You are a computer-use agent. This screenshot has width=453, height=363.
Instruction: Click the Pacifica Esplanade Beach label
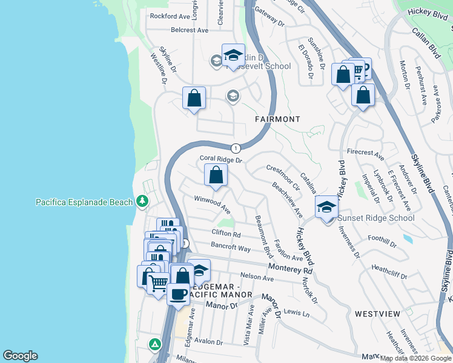tap(84, 202)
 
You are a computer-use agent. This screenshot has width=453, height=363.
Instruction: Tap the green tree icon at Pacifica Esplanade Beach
tap(142, 200)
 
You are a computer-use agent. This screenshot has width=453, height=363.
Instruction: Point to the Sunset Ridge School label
tap(376, 218)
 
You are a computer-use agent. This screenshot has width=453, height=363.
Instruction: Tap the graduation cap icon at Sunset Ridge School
tap(326, 208)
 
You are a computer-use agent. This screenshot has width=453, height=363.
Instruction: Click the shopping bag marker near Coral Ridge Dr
tap(216, 175)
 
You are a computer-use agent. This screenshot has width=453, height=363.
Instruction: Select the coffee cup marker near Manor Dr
tap(178, 294)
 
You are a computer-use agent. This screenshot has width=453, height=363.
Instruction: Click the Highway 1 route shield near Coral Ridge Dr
tap(236, 148)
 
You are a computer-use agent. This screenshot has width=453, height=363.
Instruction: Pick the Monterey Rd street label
tap(291, 269)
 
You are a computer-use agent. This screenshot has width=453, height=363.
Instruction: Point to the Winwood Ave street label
tap(212, 204)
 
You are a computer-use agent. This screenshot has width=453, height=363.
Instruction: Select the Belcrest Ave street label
tap(190, 29)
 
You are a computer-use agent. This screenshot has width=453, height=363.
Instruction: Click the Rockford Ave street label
tap(170, 16)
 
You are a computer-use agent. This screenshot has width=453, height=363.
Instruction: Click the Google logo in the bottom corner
tap(20, 356)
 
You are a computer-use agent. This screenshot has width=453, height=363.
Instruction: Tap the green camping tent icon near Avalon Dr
tap(156, 344)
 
